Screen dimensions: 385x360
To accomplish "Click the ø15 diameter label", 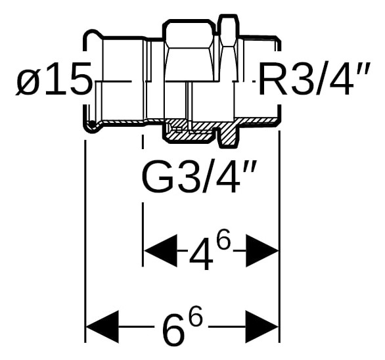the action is [x=54, y=78].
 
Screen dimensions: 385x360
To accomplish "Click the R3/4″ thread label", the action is [x=313, y=78].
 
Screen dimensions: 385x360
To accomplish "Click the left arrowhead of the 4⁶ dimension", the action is [x=160, y=250].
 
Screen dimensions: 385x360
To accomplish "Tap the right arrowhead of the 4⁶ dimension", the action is [x=262, y=250].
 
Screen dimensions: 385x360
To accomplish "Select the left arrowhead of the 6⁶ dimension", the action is [x=102, y=326].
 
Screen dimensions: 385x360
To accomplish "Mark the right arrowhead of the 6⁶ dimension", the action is [x=262, y=326].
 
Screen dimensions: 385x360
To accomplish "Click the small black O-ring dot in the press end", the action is [x=91, y=124].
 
